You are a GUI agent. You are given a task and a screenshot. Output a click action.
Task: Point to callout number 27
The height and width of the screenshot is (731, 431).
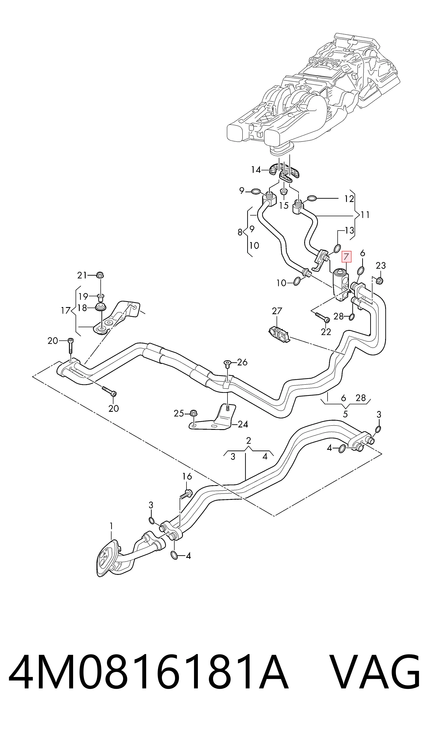point(277,311)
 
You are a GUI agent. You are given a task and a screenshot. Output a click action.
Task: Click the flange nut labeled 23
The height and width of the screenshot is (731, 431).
point(380,280)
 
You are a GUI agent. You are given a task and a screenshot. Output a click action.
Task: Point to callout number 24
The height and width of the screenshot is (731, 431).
point(243,424)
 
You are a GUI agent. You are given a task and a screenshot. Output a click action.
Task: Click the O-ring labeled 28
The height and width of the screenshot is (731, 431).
point(351,317)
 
